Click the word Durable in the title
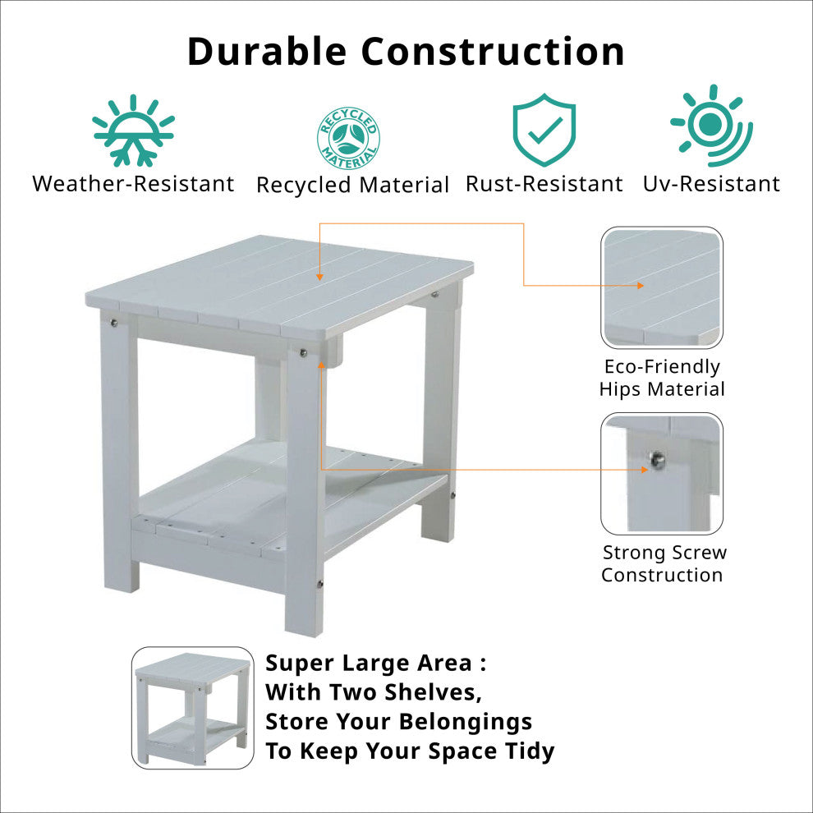pyautogui.click(x=267, y=51)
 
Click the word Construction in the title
pyautogui.click(x=493, y=51)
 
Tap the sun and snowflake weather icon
pyautogui.click(x=133, y=131)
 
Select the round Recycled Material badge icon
pyautogui.click(x=348, y=138)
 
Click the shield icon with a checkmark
pyautogui.click(x=544, y=130)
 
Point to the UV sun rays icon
pyautogui.click(x=711, y=125)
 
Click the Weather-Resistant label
pyautogui.click(x=133, y=184)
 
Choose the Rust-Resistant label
pyautogui.click(x=544, y=184)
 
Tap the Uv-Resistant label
pyautogui.click(x=711, y=184)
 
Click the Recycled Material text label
pyautogui.click(x=352, y=185)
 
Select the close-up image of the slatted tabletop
pyautogui.click(x=662, y=287)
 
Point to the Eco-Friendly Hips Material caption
pyautogui.click(x=662, y=378)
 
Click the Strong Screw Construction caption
pyautogui.click(x=664, y=563)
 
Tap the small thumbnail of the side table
pyautogui.click(x=193, y=708)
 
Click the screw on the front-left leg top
pyautogui.click(x=114, y=324)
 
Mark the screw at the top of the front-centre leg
pyautogui.click(x=303, y=353)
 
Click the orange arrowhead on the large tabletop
pyautogui.click(x=319, y=277)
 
